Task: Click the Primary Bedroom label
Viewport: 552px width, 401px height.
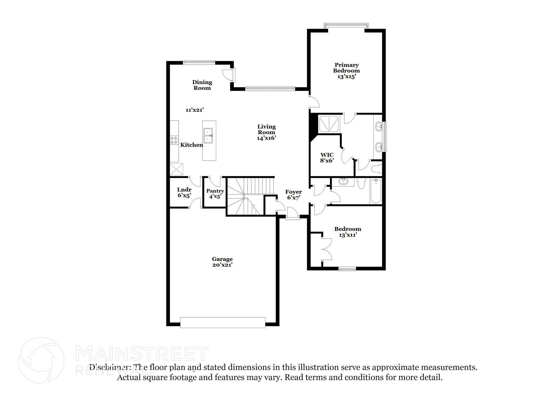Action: coord(346,68)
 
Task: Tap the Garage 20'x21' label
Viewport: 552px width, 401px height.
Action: coord(222,262)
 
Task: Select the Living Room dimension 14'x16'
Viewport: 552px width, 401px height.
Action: coord(266,138)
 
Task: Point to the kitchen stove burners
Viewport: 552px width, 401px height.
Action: coord(174,140)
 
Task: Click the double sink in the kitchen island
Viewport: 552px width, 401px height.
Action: coord(208,135)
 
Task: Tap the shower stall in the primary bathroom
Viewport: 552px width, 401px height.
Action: coord(329,124)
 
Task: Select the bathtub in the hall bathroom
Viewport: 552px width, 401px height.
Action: coord(375,191)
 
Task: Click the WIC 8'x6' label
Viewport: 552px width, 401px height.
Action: coord(327,158)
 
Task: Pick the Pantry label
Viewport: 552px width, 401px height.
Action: coord(215,191)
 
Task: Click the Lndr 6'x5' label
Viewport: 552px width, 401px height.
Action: coord(184,192)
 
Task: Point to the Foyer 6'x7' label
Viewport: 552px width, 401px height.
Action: coord(294,194)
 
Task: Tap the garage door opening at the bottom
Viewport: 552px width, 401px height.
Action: coord(223,322)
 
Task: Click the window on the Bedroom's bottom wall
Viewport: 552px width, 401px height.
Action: coord(347,269)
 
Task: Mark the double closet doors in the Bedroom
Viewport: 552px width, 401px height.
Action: coord(326,249)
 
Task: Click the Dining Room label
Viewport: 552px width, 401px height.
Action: coord(202,85)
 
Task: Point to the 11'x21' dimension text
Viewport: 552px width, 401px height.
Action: coord(194,110)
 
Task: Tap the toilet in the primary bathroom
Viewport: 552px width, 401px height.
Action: coord(376,169)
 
